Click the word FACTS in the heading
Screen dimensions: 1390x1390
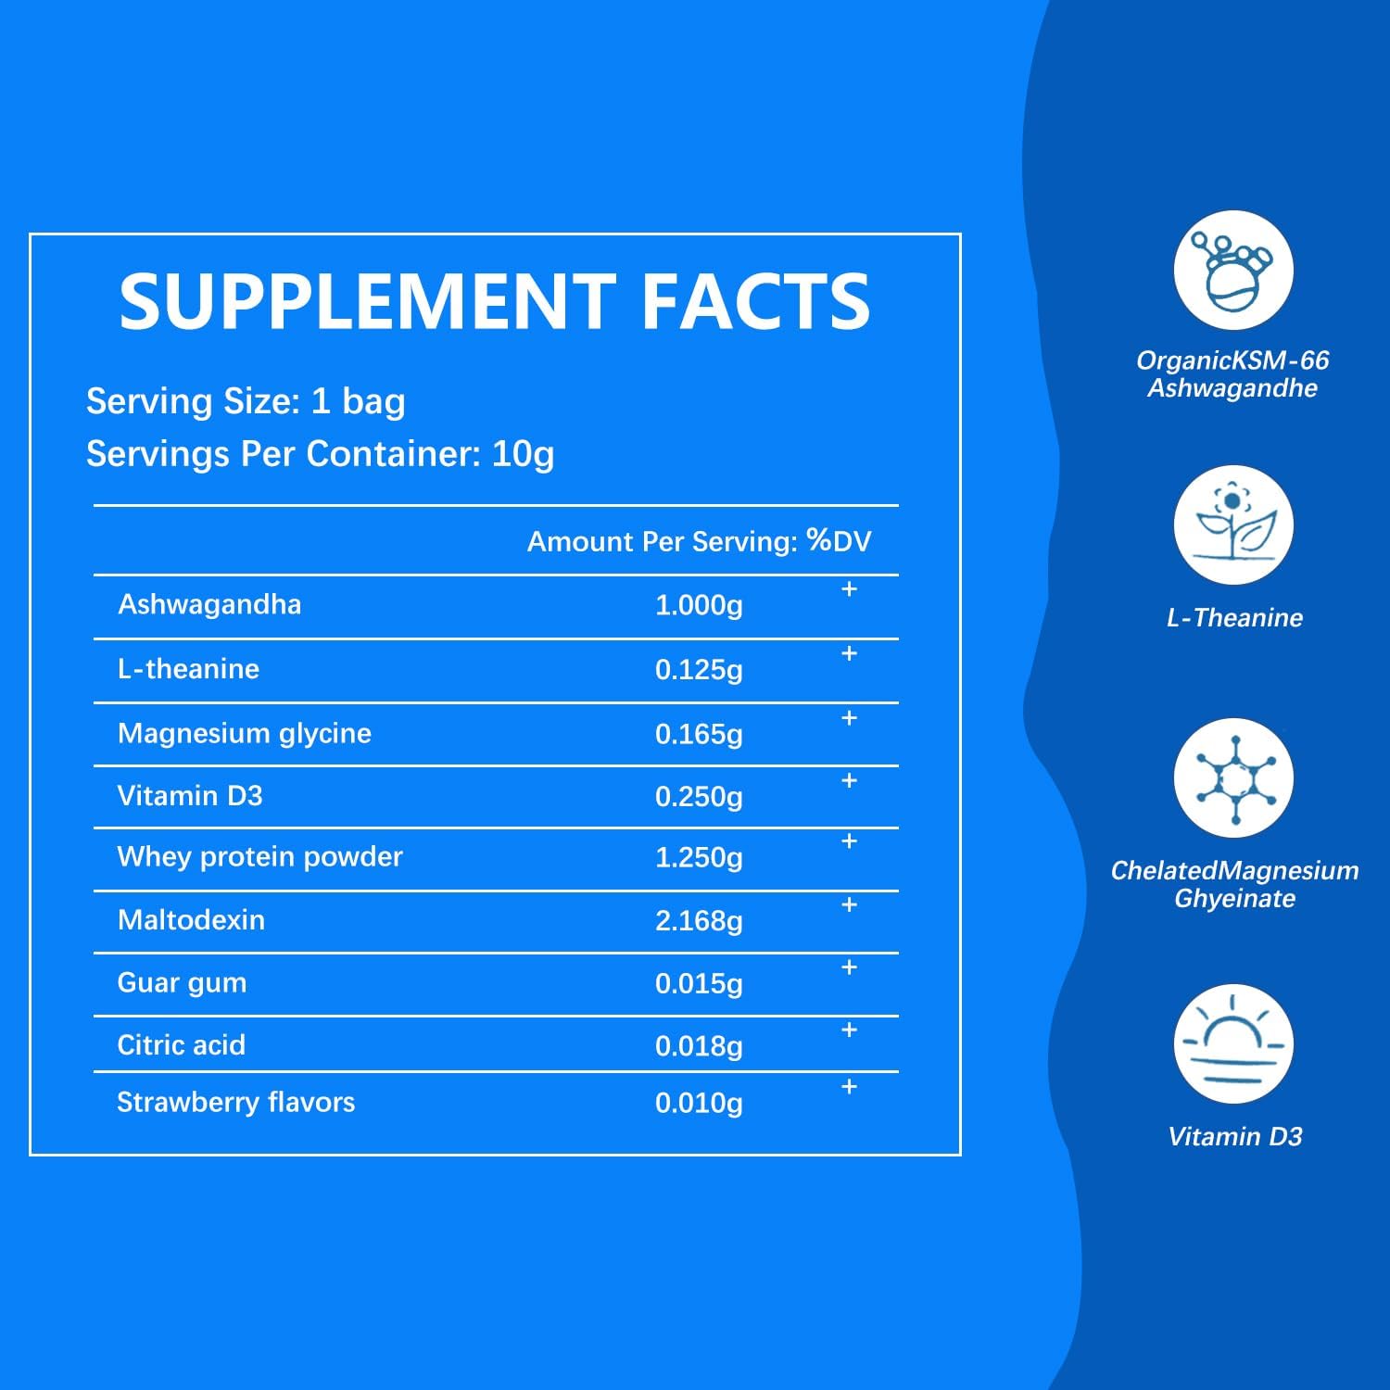(x=755, y=301)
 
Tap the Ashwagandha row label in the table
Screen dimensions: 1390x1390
(x=209, y=605)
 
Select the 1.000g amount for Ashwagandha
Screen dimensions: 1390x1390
(x=699, y=606)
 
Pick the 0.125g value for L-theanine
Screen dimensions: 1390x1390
(x=699, y=670)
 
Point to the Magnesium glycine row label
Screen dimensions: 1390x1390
(x=244, y=734)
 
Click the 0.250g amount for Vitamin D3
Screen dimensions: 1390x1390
(x=699, y=797)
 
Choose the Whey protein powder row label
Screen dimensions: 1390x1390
(x=259, y=857)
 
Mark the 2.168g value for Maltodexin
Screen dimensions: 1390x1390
(x=699, y=921)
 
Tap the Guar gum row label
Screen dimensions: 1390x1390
(x=182, y=983)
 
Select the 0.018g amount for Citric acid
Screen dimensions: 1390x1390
(x=699, y=1046)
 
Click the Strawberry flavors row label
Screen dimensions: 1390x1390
(x=235, y=1103)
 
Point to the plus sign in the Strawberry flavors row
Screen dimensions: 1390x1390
(x=849, y=1087)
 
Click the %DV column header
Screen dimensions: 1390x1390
(x=839, y=541)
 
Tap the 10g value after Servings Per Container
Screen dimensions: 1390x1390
(x=523, y=454)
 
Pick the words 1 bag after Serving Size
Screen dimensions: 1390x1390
(x=358, y=401)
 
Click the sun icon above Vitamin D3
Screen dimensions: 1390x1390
(x=1233, y=1043)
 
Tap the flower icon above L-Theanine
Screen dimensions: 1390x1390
(x=1233, y=525)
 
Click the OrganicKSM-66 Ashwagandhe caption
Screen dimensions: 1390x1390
(x=1232, y=373)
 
